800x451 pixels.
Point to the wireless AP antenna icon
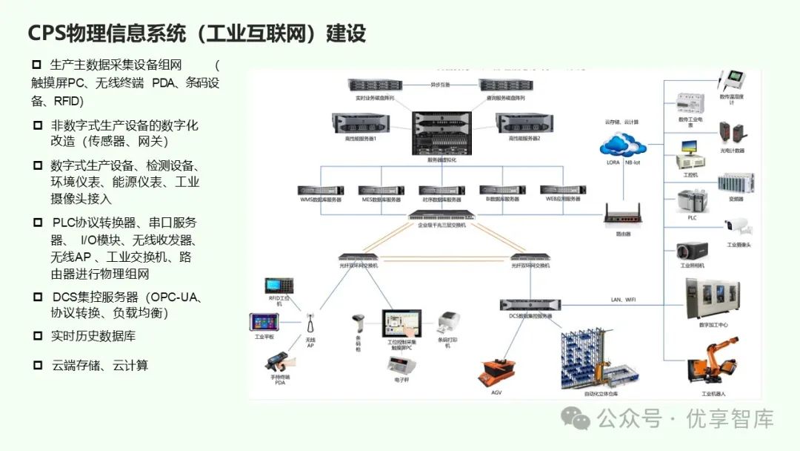click(311, 324)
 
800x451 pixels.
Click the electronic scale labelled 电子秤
click(401, 365)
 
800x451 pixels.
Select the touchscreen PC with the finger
click(401, 324)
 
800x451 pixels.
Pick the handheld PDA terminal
click(279, 363)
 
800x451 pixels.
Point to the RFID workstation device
click(279, 286)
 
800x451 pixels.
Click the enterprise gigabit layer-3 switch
click(441, 217)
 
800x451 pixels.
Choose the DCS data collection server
click(530, 304)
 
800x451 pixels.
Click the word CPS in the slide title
click(46, 33)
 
